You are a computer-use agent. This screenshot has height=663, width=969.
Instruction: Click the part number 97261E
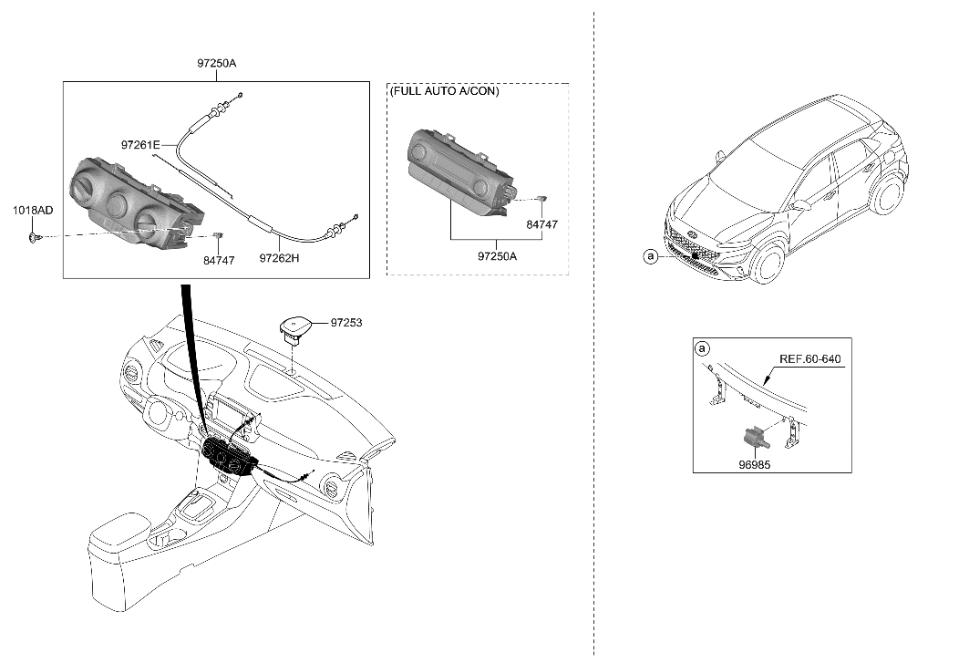click(x=139, y=145)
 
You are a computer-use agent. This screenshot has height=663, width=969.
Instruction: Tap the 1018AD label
click(x=32, y=211)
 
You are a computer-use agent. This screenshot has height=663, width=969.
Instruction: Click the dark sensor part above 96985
click(x=754, y=438)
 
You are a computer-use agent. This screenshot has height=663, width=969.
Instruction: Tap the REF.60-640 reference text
click(x=809, y=358)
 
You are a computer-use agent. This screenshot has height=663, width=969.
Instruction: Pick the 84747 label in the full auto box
click(x=541, y=223)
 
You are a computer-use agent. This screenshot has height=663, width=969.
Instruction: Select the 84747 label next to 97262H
click(x=218, y=260)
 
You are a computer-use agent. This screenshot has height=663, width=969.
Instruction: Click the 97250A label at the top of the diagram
click(x=216, y=64)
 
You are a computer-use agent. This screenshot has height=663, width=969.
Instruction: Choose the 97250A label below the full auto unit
click(x=497, y=256)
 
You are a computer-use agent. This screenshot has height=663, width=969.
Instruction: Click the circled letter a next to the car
click(x=650, y=258)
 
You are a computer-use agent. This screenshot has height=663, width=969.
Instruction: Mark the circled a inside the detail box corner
click(x=702, y=349)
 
